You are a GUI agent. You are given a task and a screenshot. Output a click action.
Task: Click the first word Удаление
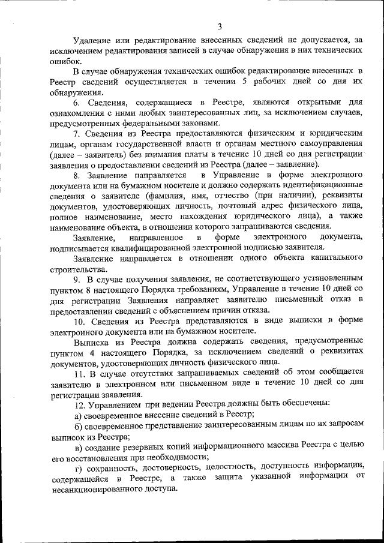tap(92, 40)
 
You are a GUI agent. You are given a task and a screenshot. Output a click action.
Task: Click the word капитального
tap(335, 258)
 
